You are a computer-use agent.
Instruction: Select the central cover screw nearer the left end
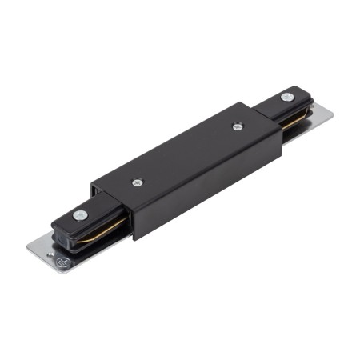tap(138, 182)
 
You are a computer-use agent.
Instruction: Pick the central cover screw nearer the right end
tap(237, 126)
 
